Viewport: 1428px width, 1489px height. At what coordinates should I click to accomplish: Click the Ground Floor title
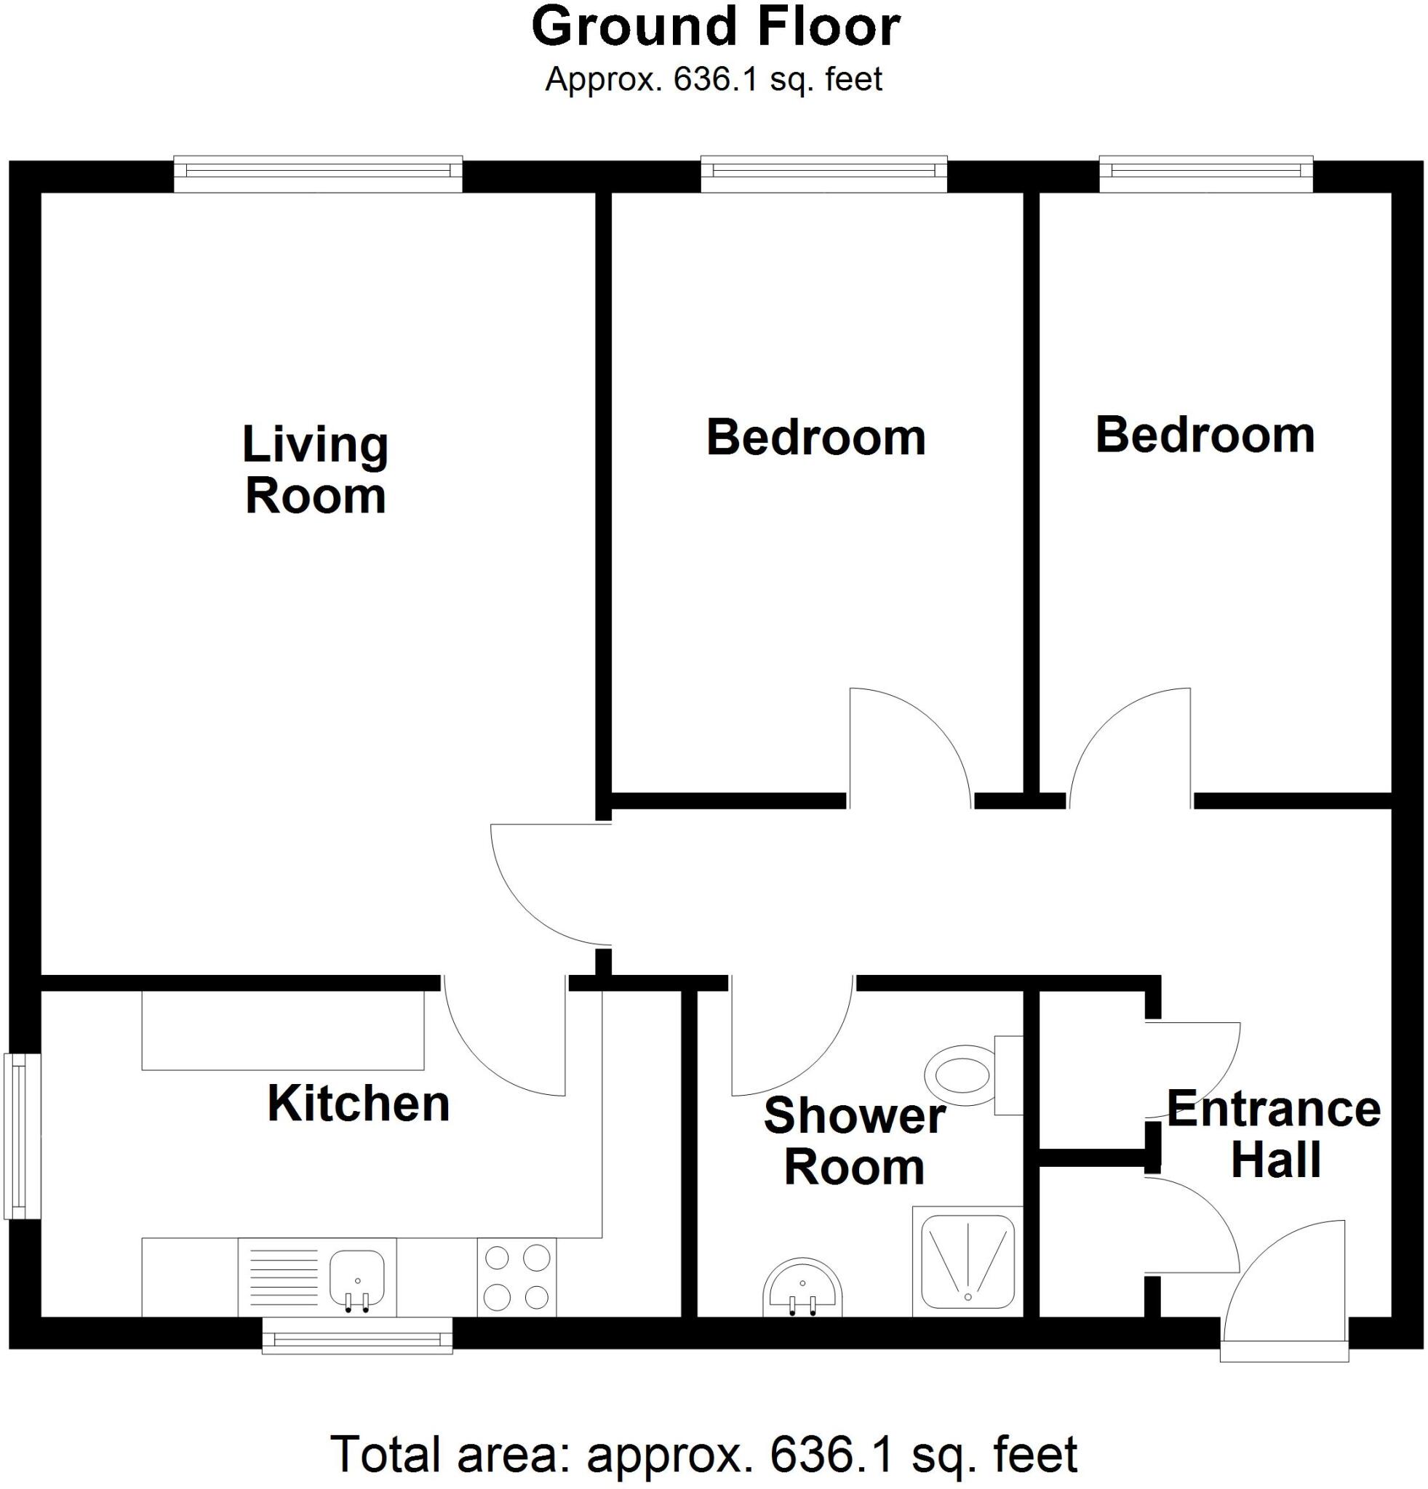[x=714, y=28]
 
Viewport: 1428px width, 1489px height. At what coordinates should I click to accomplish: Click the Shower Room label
[x=854, y=1141]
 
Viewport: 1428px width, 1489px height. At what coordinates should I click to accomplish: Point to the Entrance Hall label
[x=1274, y=1135]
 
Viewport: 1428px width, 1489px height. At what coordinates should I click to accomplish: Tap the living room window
[x=318, y=174]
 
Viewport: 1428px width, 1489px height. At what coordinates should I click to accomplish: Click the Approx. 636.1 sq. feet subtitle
[x=714, y=79]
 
